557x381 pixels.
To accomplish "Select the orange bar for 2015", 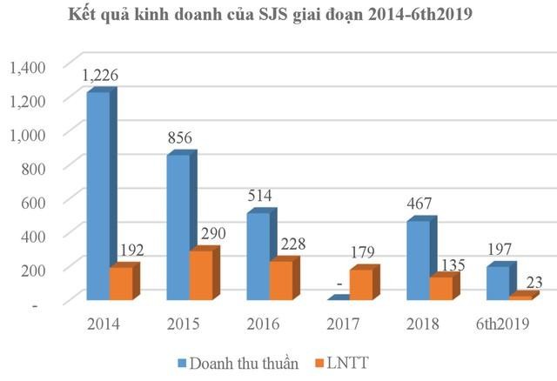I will pos(201,276).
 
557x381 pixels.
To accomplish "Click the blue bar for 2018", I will pos(419,260).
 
